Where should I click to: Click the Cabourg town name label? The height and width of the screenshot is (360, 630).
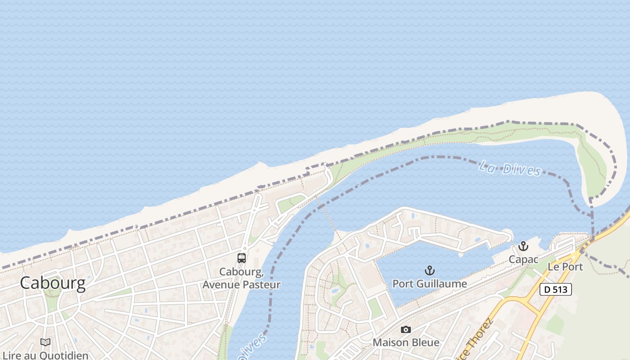[53, 283]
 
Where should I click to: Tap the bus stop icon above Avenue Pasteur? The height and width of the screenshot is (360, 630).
[242, 258]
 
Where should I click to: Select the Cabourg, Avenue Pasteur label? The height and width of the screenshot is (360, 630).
[242, 279]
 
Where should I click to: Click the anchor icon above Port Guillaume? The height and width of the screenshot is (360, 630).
[430, 270]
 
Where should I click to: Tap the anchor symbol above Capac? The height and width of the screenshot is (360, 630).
[523, 246]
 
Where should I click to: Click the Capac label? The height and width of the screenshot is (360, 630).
[523, 260]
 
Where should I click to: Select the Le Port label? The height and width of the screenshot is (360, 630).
[565, 266]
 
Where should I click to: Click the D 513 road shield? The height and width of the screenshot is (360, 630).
[556, 289]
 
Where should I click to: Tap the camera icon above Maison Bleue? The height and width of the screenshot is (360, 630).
[406, 330]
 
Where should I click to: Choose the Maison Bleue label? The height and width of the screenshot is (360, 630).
[406, 342]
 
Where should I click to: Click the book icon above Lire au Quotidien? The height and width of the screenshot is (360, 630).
[45, 342]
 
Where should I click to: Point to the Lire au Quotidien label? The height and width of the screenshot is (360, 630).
[45, 355]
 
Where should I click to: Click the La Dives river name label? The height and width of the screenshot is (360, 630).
[510, 169]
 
